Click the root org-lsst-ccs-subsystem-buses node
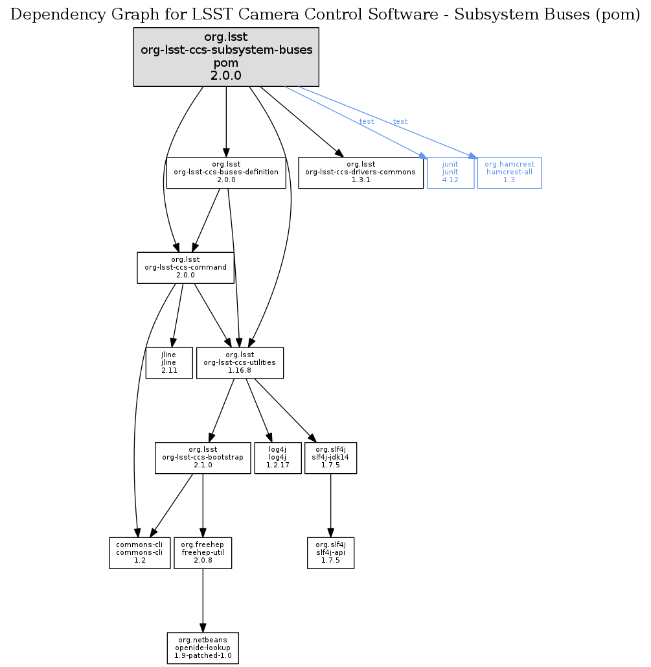tap(226, 57)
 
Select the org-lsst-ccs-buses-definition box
tap(226, 172)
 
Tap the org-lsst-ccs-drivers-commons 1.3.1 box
tap(361, 172)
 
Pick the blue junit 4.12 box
tap(450, 172)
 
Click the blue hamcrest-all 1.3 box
tap(509, 172)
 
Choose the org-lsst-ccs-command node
tap(185, 268)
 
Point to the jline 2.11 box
tap(170, 363)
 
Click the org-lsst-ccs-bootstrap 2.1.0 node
tap(203, 458)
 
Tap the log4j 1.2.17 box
tap(278, 458)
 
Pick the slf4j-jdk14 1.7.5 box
tap(330, 458)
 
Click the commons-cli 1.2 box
tap(139, 553)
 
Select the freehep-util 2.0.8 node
tap(203, 553)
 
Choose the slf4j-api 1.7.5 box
tap(330, 553)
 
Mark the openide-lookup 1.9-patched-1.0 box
tap(203, 648)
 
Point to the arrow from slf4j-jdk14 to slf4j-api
tap(331, 506)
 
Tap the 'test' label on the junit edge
tap(366, 121)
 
